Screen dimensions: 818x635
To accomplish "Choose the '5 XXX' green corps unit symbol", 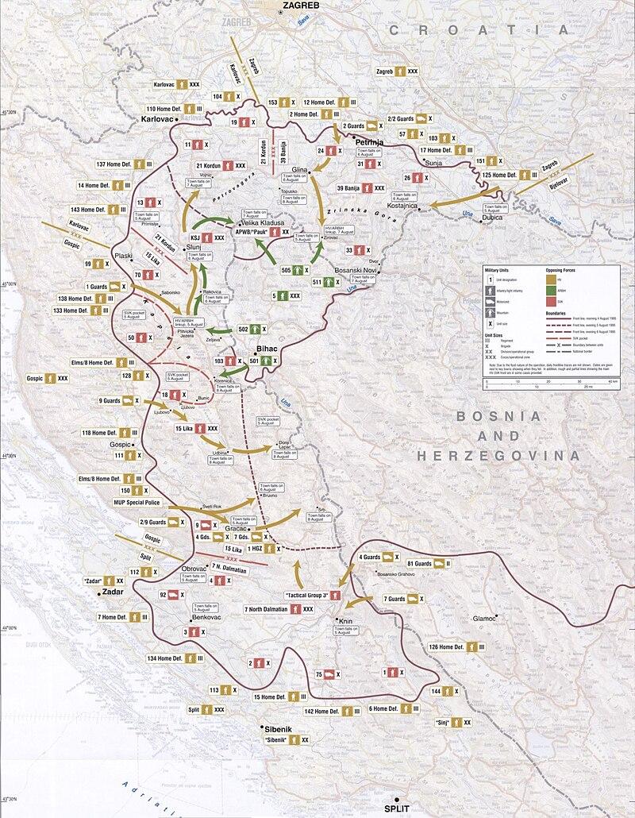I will pos(285,295).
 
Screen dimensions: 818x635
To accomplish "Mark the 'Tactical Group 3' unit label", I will pos(312,595).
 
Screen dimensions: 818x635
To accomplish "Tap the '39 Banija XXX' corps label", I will pos(360,187).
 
